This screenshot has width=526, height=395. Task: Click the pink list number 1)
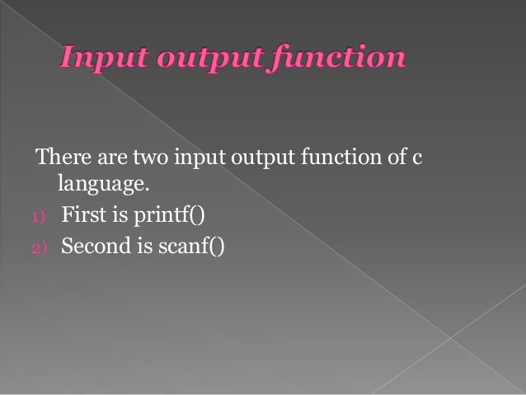tap(40, 218)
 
